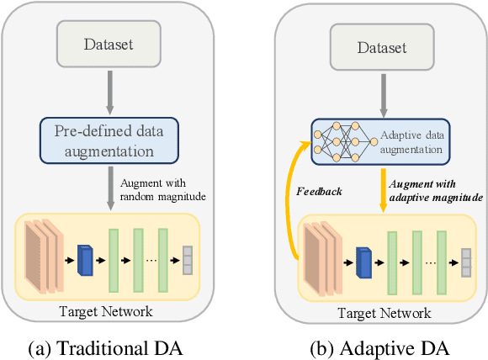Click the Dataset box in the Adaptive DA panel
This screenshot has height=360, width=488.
coord(380,48)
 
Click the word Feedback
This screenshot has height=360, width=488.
coord(321,192)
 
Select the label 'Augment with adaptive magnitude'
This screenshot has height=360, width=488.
coord(434,190)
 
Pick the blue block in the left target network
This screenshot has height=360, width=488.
coord(85,259)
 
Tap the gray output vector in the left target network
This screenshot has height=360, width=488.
coord(188,259)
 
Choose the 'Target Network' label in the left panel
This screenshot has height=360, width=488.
coord(106,310)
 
